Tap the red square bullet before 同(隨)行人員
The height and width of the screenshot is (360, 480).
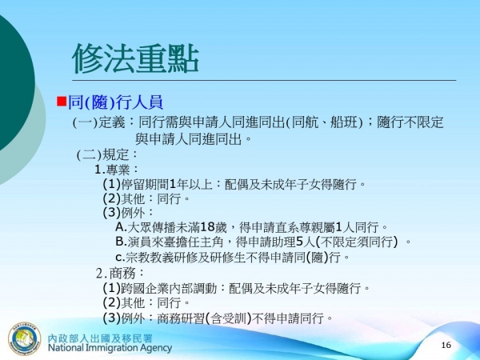[62, 102]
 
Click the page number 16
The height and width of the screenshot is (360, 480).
[446, 344]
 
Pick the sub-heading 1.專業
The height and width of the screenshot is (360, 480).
[117, 170]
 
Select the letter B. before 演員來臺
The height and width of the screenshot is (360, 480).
[122, 242]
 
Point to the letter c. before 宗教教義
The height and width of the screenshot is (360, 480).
[121, 257]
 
